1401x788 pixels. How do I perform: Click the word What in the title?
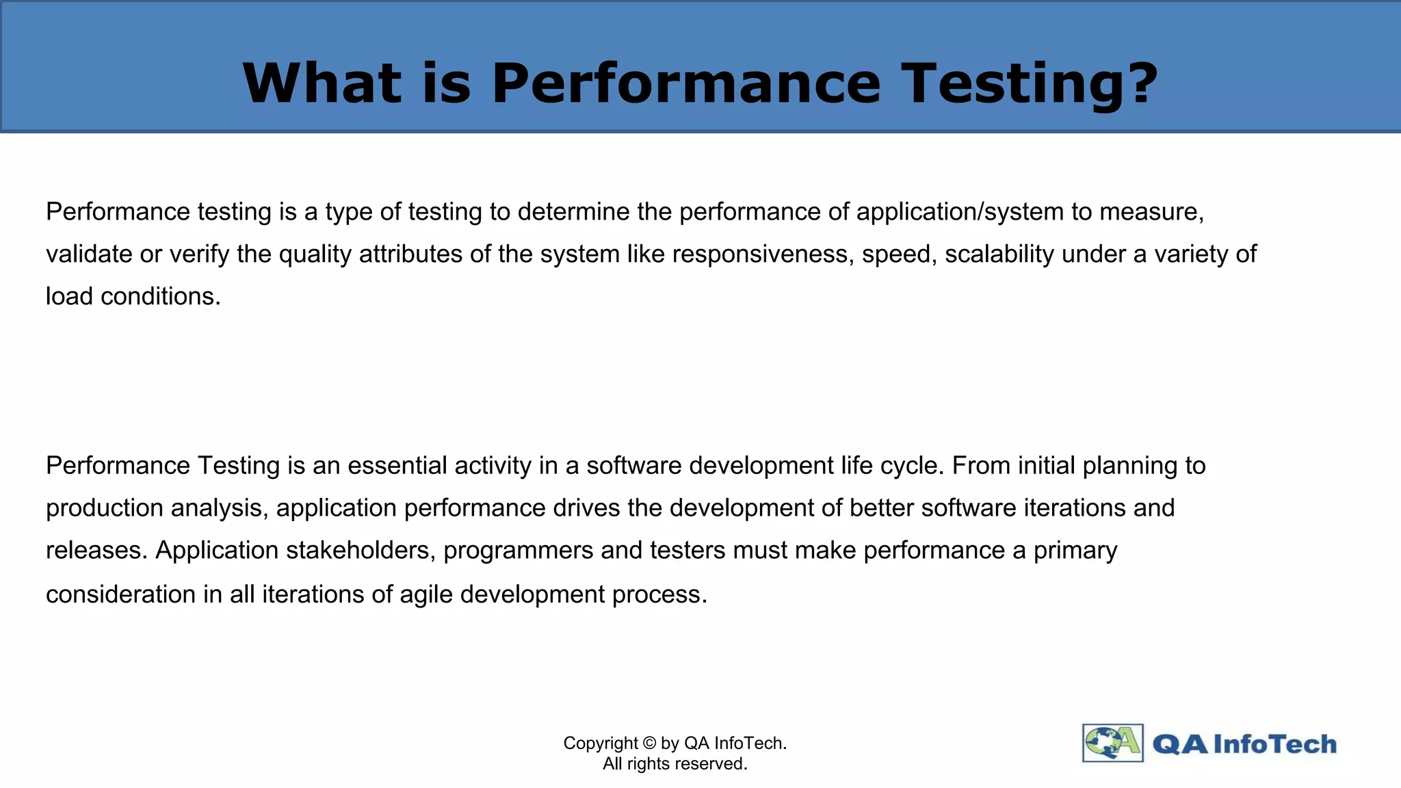click(322, 83)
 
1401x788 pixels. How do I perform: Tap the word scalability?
click(999, 254)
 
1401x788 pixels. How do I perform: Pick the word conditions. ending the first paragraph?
click(161, 296)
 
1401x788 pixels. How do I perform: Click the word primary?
click(1075, 551)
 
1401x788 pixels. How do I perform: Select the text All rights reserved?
click(675, 764)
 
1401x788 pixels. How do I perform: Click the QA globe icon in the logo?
click(1112, 743)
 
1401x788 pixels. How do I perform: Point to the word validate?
click(89, 254)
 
